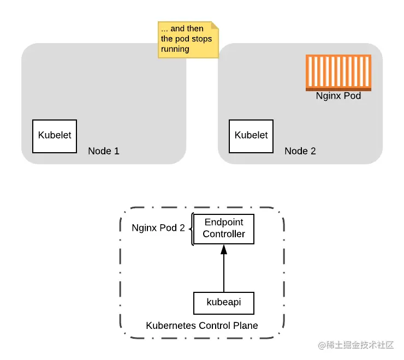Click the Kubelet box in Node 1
55,136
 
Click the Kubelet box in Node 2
251,136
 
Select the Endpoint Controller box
224,229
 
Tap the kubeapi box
224,302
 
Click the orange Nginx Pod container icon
338,73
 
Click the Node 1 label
103,151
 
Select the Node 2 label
300,151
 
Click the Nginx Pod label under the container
338,96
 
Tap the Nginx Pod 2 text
158,228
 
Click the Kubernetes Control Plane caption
202,326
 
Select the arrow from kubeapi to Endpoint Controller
224,273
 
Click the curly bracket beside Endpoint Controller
192,229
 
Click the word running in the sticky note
175,49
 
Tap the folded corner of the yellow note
215,25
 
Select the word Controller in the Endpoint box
224,235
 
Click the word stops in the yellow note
201,39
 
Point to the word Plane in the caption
246,326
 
